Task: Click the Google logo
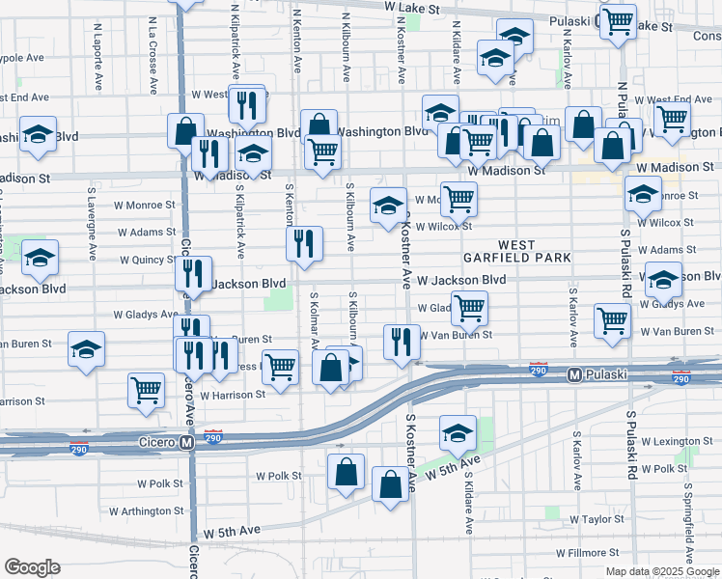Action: pos(33,567)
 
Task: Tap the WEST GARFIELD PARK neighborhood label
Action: pos(518,252)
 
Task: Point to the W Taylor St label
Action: pos(596,519)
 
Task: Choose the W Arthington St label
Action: pos(146,510)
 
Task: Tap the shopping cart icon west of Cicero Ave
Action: pos(146,390)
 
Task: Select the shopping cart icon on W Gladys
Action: pos(469,309)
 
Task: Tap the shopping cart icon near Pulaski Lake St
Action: pos(617,19)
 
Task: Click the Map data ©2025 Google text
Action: pos(661,570)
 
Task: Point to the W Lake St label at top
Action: pos(411,8)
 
